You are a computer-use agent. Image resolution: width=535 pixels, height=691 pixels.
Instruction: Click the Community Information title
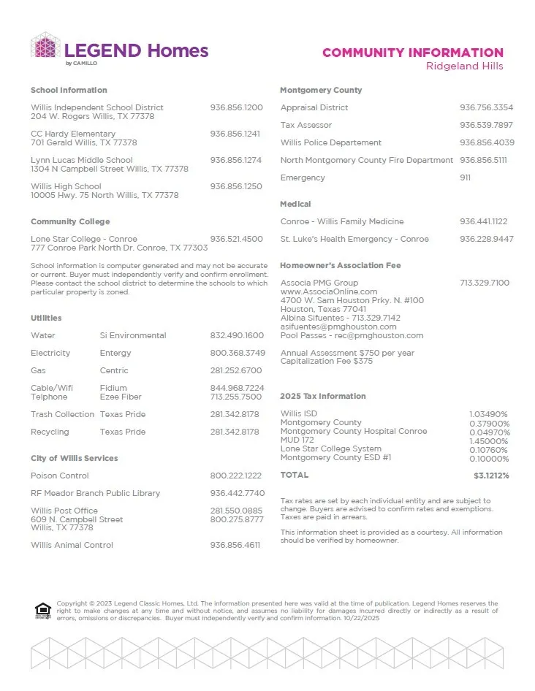[x=412, y=53]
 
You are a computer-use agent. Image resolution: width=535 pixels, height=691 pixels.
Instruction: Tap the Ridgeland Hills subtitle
[x=464, y=66]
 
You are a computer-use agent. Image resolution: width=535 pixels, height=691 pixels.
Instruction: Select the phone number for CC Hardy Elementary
[x=235, y=134]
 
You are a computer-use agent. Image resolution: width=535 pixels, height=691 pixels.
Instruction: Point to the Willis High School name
[x=66, y=186]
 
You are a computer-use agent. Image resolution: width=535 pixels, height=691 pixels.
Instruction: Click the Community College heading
[x=70, y=221]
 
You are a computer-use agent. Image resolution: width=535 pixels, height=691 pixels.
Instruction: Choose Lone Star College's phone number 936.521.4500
[x=236, y=239]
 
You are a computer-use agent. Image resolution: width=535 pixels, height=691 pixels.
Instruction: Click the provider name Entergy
[x=115, y=353]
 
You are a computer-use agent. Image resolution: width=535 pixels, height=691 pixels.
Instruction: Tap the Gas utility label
[x=38, y=370]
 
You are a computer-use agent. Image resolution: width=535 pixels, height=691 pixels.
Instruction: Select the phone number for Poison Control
[x=235, y=476]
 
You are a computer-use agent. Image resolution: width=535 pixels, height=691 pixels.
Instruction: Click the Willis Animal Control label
[x=72, y=545]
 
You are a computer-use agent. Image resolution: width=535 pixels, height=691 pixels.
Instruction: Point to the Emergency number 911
[x=465, y=177]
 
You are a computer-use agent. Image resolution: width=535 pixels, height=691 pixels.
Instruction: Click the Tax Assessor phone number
[x=486, y=125]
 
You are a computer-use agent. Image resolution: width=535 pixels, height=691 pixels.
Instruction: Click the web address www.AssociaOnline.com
[x=329, y=291]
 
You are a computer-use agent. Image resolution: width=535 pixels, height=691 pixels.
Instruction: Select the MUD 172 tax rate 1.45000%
[x=488, y=440]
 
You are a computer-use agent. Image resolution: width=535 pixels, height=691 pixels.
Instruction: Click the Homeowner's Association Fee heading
[x=341, y=265]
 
